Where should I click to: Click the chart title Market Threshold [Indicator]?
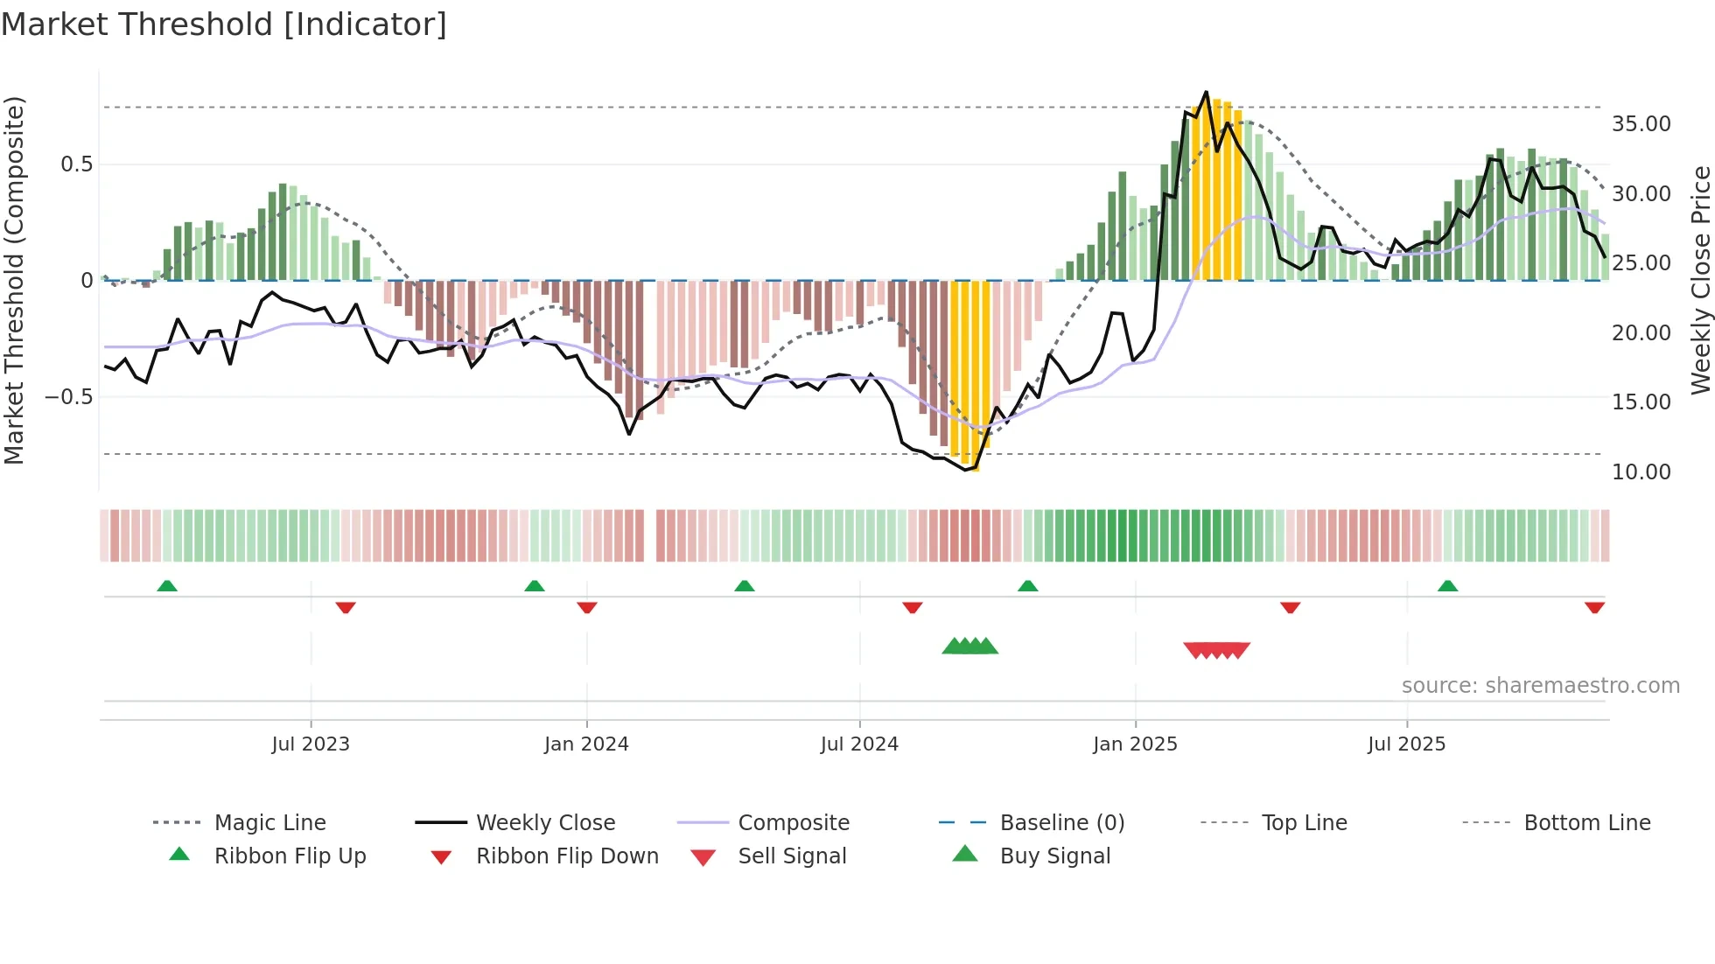point(224,24)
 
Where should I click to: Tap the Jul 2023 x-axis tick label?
point(311,744)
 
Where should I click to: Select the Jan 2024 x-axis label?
point(586,744)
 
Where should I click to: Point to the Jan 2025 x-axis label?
point(1135,744)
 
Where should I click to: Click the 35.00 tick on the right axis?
point(1641,124)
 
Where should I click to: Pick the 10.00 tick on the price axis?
point(1641,472)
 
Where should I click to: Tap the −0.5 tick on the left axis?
point(68,397)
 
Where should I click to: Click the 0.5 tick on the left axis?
point(76,164)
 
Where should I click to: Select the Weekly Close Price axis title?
point(1700,280)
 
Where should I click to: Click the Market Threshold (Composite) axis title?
point(14,280)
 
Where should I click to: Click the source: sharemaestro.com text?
point(1540,686)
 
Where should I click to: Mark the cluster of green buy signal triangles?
point(969,646)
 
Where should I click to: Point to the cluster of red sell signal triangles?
point(1216,650)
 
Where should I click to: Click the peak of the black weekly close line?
point(1206,92)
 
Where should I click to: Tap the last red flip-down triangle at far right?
point(1594,607)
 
